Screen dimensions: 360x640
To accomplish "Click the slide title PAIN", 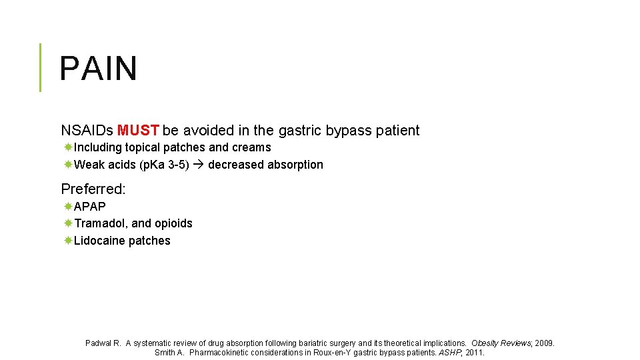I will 98,69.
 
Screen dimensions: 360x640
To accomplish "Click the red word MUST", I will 138,131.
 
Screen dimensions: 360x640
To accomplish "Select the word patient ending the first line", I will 397,131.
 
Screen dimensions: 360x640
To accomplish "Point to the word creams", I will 251,147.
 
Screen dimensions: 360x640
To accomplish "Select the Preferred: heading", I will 93,189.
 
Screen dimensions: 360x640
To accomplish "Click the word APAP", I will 90,207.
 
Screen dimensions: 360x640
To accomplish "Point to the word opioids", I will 173,223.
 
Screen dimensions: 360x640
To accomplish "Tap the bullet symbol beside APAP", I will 68,207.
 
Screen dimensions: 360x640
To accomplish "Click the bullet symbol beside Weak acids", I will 68,165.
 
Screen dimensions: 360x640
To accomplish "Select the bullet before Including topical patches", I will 68,147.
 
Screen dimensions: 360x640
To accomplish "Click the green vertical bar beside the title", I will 40,67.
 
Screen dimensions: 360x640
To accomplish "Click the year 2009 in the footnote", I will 543,343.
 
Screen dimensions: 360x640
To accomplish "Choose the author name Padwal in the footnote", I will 99,343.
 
